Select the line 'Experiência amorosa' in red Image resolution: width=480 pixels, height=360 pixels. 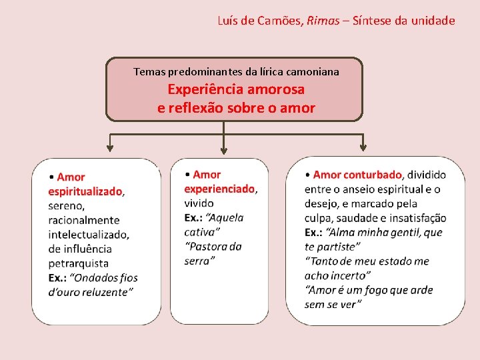click(236, 89)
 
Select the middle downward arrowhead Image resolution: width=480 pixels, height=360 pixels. click(223, 149)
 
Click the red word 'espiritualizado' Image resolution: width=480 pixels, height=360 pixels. click(85, 191)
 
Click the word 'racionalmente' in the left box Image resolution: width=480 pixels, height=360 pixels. click(84, 220)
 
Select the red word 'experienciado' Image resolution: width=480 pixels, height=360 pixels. click(219, 189)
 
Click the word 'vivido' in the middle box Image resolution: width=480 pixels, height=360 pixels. click(199, 203)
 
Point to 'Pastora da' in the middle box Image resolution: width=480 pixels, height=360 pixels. click(213, 247)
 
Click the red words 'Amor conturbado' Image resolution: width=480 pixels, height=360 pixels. click(357, 175)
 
